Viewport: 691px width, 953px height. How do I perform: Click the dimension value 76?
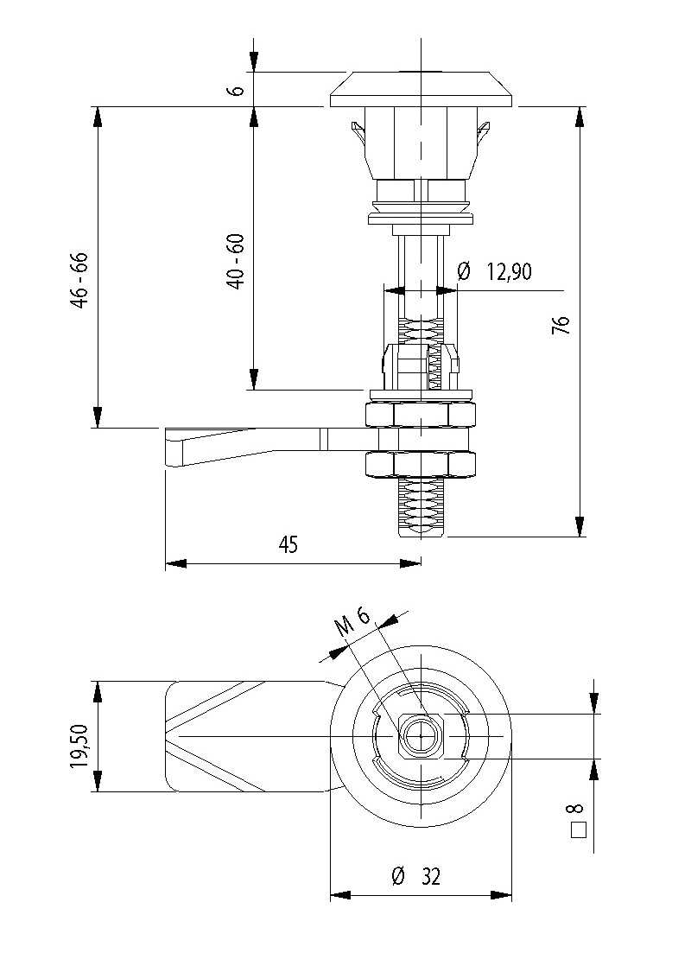point(562,324)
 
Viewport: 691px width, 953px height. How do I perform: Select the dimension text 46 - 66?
point(79,282)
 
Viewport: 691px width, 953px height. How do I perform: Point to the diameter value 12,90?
point(509,272)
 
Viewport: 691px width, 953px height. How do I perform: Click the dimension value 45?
point(288,545)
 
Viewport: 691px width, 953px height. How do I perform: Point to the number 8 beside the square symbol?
point(575,810)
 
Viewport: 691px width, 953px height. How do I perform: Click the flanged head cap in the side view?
point(422,90)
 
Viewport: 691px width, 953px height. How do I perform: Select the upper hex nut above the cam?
point(421,416)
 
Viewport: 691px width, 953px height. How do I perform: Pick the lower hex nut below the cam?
point(421,465)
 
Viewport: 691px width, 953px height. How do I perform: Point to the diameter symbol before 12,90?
point(463,272)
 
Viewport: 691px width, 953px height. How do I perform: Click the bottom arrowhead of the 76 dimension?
point(580,526)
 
